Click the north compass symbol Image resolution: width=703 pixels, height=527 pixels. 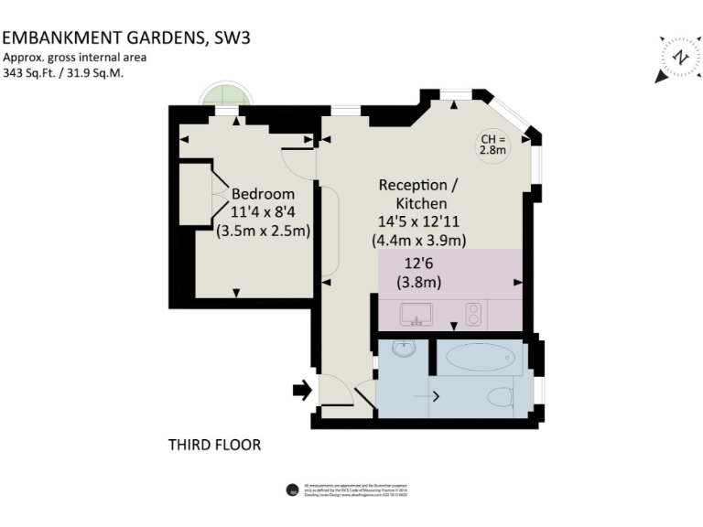tap(680, 58)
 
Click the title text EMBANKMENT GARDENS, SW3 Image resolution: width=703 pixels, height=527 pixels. tap(126, 38)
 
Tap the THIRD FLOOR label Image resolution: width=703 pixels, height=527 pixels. tap(214, 446)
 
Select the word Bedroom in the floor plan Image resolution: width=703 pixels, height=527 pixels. tap(263, 194)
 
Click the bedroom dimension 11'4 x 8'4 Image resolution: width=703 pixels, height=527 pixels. tap(263, 212)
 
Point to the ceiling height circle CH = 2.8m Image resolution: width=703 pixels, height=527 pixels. tap(493, 145)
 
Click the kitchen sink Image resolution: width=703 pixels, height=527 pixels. tap(417, 315)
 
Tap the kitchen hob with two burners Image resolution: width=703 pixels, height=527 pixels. tap(474, 315)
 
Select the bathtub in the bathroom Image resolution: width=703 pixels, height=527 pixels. tap(479, 357)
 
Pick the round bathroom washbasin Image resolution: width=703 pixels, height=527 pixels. tap(404, 350)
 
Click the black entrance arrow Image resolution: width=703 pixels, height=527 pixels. tap(301, 391)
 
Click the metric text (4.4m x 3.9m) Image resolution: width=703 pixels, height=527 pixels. tap(419, 241)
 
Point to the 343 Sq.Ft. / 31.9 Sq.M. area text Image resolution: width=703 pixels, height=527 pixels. tap(63, 73)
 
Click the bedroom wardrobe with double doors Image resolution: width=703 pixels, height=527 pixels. tap(196, 193)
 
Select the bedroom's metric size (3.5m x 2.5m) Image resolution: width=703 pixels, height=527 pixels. tap(263, 231)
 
